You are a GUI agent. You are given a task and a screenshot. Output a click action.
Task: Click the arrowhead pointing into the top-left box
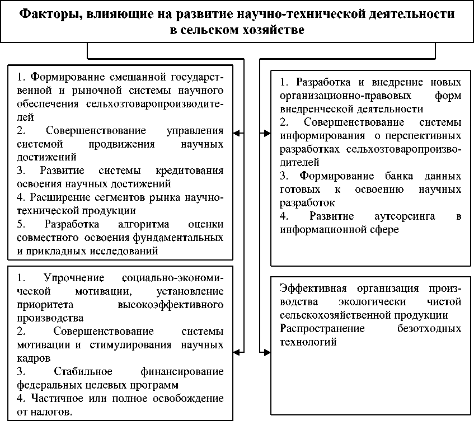pos(237,133)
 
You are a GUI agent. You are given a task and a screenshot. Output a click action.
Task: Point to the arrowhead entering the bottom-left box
pos(237,351)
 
